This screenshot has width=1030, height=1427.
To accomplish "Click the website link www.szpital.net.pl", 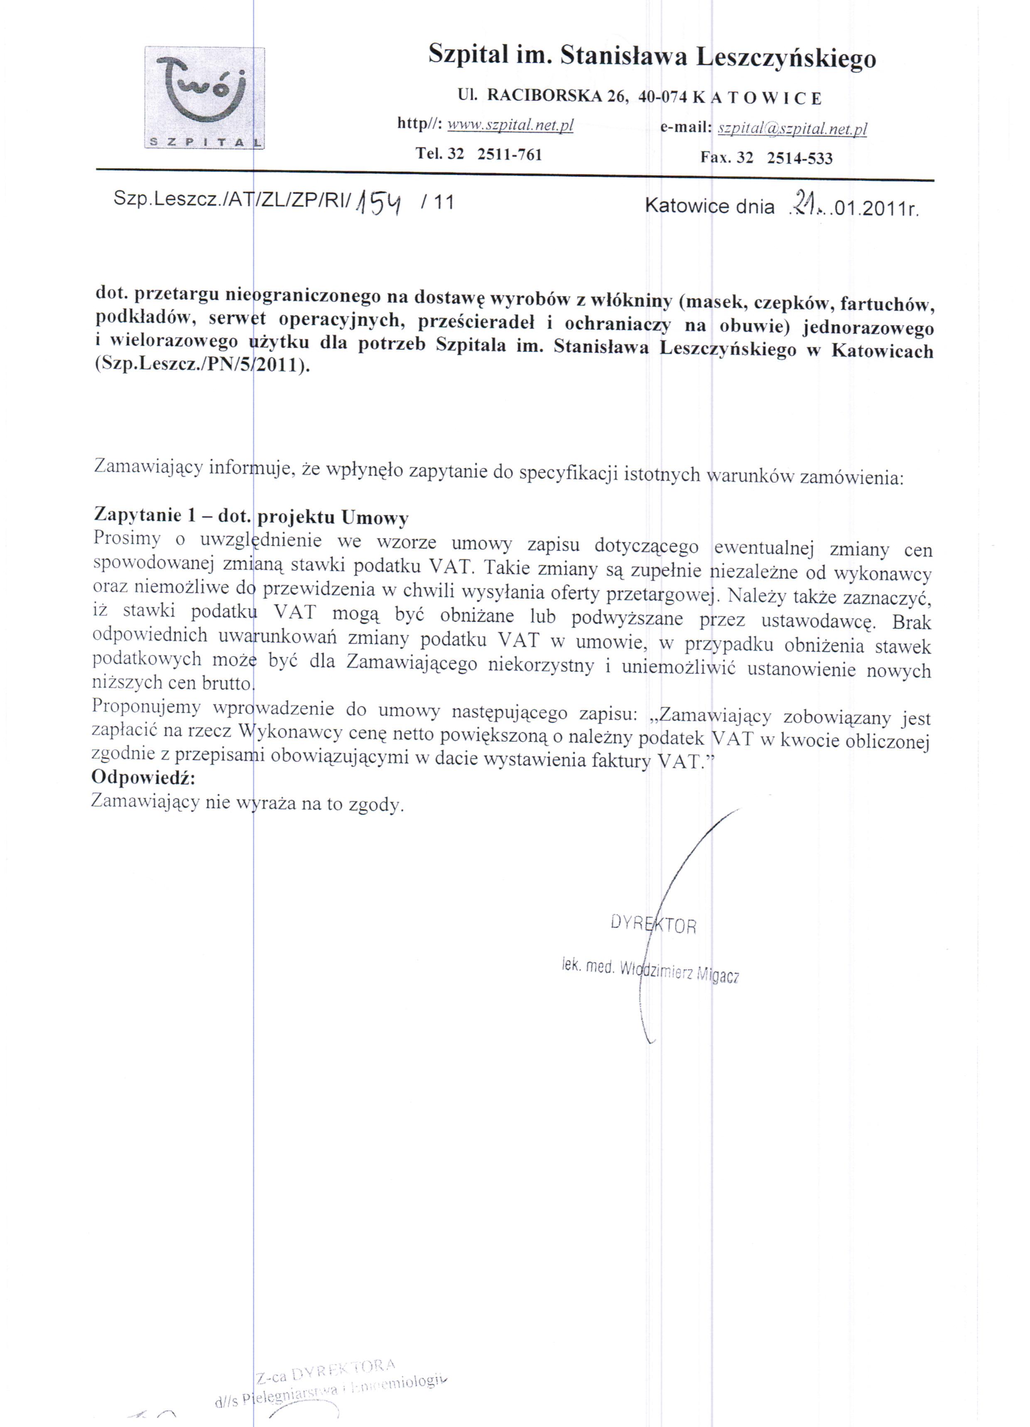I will [510, 126].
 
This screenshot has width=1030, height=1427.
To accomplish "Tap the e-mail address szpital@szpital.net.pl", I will [792, 129].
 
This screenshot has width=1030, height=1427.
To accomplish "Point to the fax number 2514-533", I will [799, 158].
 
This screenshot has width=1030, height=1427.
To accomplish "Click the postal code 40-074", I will [664, 97].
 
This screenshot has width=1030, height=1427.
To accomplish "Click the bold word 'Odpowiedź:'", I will [144, 778].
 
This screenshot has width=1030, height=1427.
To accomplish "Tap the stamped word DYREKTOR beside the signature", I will [653, 925].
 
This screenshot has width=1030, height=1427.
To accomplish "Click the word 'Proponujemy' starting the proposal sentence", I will [147, 707].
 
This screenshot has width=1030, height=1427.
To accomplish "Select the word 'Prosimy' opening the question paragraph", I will [127, 538].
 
